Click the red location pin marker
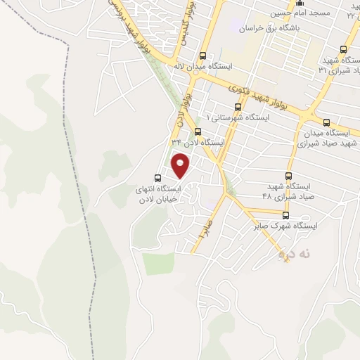pos(181,167)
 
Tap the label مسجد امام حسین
pos(300,13)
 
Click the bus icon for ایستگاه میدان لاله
pos(204,56)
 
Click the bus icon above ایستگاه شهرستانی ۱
pos(238,107)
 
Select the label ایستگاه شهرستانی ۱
pos(238,118)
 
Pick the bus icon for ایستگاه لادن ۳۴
pos(198,131)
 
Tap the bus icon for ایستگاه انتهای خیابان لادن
pos(158,178)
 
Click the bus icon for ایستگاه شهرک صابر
pos(285,215)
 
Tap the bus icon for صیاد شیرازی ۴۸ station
pos(288,176)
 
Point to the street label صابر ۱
pos(204,230)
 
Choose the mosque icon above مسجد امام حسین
pos(300,3)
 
